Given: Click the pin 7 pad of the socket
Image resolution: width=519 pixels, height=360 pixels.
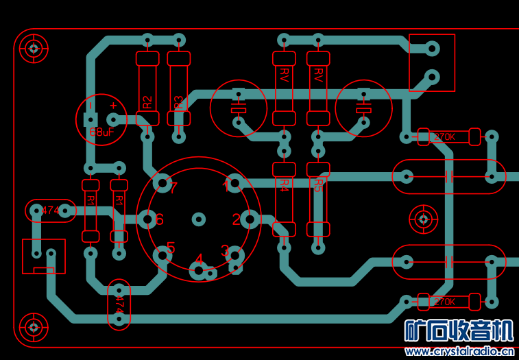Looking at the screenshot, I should click(x=162, y=183).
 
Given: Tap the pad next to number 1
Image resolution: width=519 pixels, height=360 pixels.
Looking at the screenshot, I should click(x=234, y=183).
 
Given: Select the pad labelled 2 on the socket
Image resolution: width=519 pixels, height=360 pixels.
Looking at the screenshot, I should click(x=250, y=219).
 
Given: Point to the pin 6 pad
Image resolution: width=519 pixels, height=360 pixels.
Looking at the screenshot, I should click(x=147, y=219).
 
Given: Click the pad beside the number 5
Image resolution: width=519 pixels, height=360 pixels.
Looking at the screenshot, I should click(x=162, y=255).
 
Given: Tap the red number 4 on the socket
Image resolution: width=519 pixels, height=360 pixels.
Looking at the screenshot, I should click(x=199, y=259).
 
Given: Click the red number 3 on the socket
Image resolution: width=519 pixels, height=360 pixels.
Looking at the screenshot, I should click(x=225, y=250).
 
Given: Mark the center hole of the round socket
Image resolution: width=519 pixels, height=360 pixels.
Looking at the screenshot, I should click(x=199, y=219).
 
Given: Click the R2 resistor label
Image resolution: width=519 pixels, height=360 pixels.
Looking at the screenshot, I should click(x=147, y=103).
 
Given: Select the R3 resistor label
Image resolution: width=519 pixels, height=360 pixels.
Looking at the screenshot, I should click(x=178, y=103).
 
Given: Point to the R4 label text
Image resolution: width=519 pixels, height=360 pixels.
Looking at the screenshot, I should click(x=284, y=184).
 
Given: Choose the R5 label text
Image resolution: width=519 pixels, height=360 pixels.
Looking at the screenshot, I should click(x=317, y=184).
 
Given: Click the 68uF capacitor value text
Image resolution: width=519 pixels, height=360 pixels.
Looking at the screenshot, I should click(x=101, y=132).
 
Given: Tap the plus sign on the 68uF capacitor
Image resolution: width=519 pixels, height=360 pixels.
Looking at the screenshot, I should click(x=113, y=106).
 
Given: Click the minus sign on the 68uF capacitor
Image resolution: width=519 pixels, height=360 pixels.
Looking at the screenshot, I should click(x=90, y=106).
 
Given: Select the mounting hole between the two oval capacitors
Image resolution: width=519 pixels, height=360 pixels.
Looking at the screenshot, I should click(x=423, y=219).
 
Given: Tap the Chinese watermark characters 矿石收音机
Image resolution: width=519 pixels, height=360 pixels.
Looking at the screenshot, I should click(x=459, y=331).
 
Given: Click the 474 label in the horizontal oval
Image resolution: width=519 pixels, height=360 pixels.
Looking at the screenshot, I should click(x=51, y=210).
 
